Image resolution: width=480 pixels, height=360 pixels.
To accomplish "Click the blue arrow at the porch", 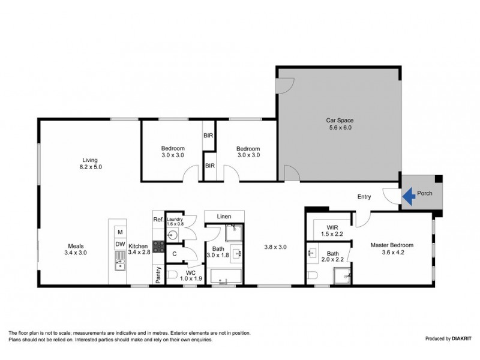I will click(x=409, y=196).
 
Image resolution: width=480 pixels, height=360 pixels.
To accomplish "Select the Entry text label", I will click(x=364, y=197).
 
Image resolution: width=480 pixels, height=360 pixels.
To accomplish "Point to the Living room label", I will click(x=90, y=160).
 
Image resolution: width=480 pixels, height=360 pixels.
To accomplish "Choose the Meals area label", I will click(x=75, y=245).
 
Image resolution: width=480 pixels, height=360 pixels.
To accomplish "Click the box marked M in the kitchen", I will click(x=120, y=232).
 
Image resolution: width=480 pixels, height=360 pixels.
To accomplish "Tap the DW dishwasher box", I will click(x=120, y=244).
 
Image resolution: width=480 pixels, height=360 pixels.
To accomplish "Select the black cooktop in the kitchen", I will click(x=159, y=245).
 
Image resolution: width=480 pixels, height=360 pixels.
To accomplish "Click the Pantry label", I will click(x=158, y=275).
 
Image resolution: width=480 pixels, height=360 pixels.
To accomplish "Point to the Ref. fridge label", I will click(x=158, y=220).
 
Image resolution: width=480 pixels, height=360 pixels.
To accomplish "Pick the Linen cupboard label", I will click(x=224, y=216).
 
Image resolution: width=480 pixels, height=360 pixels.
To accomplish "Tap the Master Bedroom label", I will click(x=389, y=245).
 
